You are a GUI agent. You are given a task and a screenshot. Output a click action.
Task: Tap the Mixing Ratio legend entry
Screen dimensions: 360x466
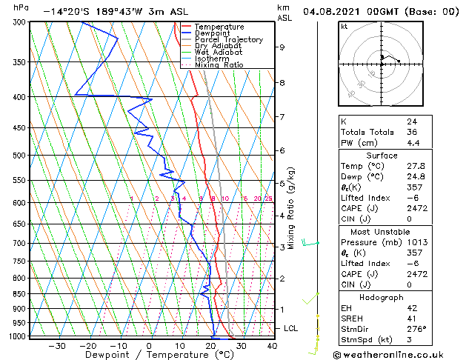[x=219, y=65]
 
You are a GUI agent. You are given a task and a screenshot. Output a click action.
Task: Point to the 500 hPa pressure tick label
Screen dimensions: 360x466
[x=20, y=156]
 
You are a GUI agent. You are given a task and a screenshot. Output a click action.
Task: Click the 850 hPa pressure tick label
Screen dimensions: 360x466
[x=20, y=294]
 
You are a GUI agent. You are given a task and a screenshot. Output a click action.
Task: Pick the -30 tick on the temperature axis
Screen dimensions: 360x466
[x=56, y=346]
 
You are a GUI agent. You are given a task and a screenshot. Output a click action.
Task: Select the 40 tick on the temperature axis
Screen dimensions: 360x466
[x=272, y=346]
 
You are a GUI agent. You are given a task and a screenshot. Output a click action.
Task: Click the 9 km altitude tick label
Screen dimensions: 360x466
[x=282, y=47]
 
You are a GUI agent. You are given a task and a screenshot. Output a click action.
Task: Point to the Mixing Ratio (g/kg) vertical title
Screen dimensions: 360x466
[x=291, y=208]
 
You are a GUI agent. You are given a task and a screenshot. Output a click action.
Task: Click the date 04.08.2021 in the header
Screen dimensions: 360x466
[x=334, y=13]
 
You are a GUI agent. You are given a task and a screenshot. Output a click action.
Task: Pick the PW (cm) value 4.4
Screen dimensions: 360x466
[x=413, y=143]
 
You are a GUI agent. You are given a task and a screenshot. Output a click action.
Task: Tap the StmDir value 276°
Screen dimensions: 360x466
[x=416, y=329]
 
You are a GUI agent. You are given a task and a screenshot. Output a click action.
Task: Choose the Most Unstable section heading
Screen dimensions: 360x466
[x=382, y=231]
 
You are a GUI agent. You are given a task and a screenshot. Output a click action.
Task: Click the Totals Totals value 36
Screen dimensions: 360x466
[x=411, y=132]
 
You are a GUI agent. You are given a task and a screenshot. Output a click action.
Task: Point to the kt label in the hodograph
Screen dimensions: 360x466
[x=344, y=26]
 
